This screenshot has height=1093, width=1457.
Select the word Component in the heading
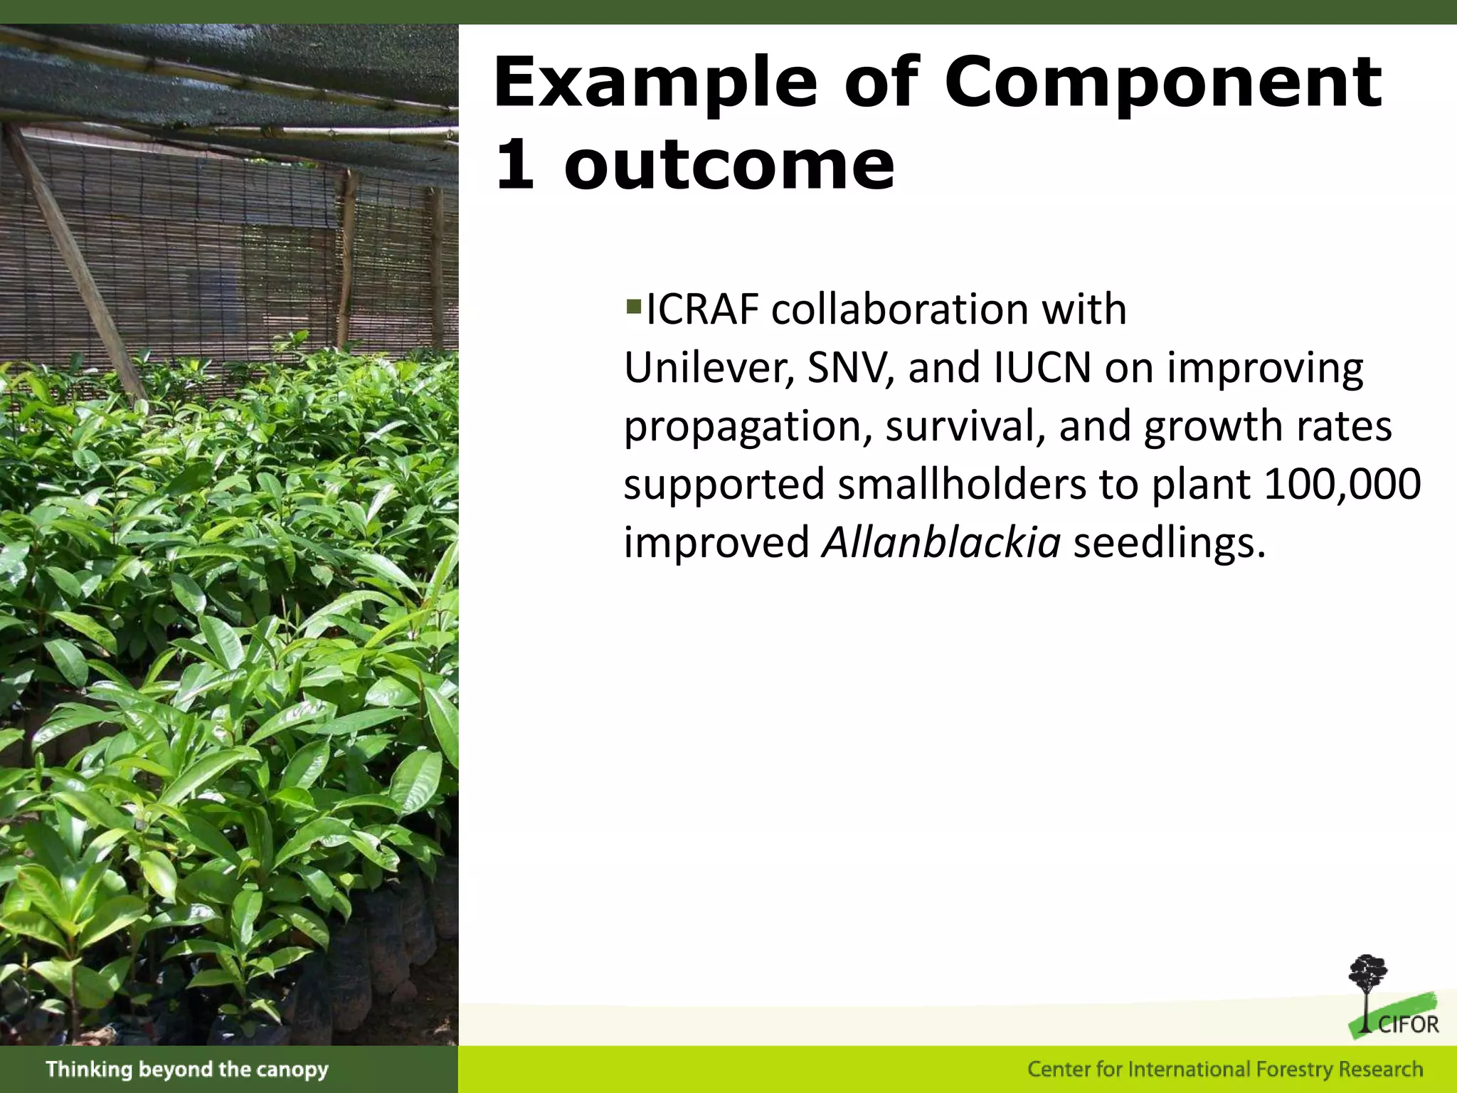coord(1162,84)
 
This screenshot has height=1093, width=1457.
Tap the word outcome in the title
coord(729,165)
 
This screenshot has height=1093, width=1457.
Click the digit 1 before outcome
coord(514,165)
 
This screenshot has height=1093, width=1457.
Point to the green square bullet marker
coord(633,307)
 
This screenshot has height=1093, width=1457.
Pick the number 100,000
coord(1342,485)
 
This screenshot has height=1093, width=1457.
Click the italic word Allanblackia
coord(941,543)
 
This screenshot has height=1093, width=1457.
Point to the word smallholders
coord(961,485)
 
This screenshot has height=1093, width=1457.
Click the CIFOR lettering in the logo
coord(1408,1025)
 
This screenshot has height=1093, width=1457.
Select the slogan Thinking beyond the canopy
coord(187,1070)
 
